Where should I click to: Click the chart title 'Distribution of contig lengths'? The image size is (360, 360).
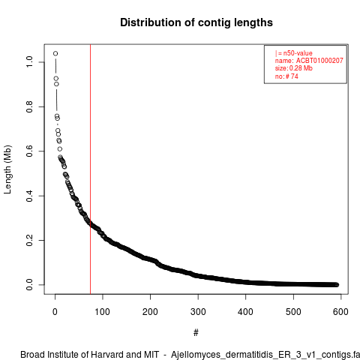(x=196, y=22)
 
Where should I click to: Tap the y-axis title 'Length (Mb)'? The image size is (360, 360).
(x=7, y=169)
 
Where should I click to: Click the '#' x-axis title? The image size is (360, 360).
(x=196, y=333)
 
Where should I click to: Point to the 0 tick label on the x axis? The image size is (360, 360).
(x=55, y=312)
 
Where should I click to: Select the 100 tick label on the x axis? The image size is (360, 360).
(x=103, y=312)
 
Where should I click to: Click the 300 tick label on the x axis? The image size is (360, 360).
(x=198, y=312)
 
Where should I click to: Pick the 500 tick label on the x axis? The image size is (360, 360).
(x=293, y=312)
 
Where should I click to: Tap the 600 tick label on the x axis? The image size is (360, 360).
(x=340, y=312)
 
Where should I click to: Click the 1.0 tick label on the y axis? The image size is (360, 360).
(x=29, y=62)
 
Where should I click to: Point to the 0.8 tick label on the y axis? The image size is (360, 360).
(x=29, y=106)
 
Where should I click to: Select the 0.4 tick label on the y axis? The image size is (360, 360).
(x=29, y=196)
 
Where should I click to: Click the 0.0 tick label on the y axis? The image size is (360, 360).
(x=29, y=285)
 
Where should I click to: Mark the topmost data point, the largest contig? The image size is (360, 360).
(x=55, y=53)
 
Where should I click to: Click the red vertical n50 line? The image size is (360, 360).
(x=90, y=169)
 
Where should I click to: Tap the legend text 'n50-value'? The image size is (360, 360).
(x=298, y=53)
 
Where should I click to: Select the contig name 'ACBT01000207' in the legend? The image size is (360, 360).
(x=319, y=61)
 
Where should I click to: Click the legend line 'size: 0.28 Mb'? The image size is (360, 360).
(x=294, y=68)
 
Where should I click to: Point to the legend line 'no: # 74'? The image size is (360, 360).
(x=286, y=76)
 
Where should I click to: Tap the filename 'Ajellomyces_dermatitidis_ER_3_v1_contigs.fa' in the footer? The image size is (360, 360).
(x=265, y=355)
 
